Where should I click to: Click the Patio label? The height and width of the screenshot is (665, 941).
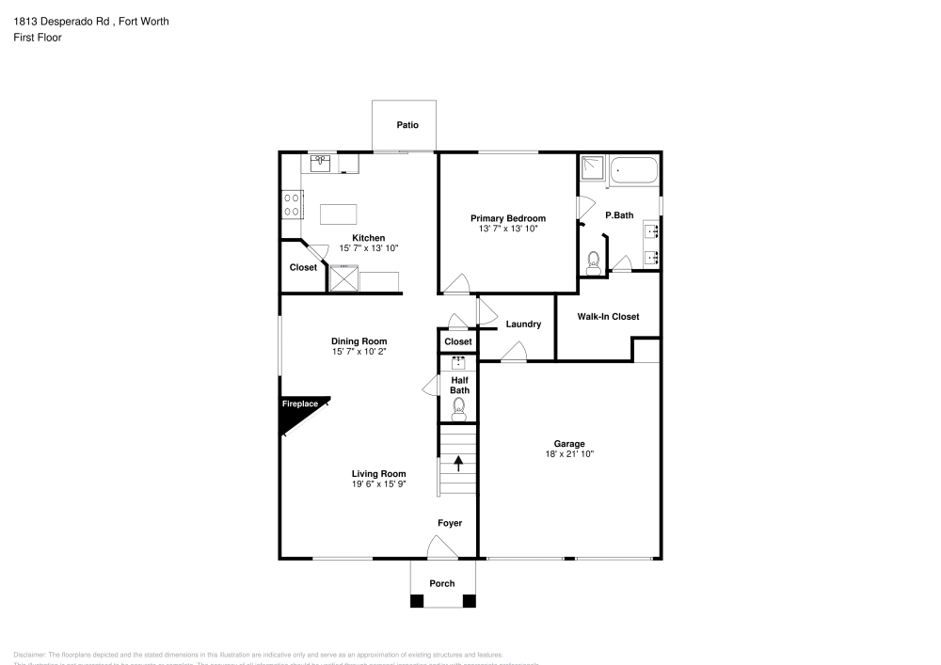(407, 125)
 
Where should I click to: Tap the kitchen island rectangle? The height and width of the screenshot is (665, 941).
(341, 214)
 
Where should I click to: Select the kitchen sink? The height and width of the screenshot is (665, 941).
(321, 163)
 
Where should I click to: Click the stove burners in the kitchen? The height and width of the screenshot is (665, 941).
(291, 204)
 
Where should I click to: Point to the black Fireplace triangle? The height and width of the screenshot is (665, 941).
(298, 409)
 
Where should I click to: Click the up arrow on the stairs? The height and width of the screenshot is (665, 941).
(458, 462)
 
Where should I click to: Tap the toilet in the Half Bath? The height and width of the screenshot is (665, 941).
(459, 406)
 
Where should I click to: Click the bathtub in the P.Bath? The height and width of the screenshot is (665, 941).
(634, 171)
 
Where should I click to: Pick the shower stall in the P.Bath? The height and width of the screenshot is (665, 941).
(594, 168)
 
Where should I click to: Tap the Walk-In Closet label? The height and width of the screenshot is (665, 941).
(608, 317)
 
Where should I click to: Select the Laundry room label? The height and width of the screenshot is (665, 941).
(523, 325)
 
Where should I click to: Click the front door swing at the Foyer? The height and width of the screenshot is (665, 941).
(439, 546)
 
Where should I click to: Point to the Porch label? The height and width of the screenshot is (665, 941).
(442, 583)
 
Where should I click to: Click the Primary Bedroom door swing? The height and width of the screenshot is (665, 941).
(456, 283)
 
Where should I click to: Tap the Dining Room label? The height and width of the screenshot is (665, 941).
(359, 341)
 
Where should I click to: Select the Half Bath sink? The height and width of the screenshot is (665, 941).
(459, 362)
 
